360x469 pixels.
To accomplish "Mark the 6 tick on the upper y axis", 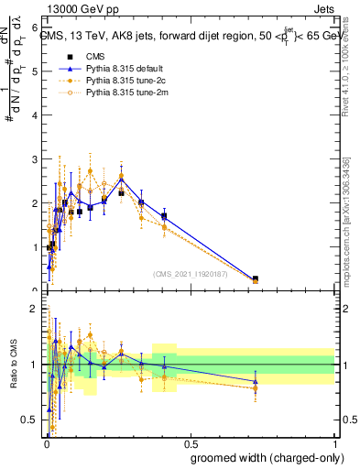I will coord(35,27).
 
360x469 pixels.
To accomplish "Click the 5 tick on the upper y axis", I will coord(35,71).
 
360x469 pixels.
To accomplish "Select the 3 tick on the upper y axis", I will coord(35,159).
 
